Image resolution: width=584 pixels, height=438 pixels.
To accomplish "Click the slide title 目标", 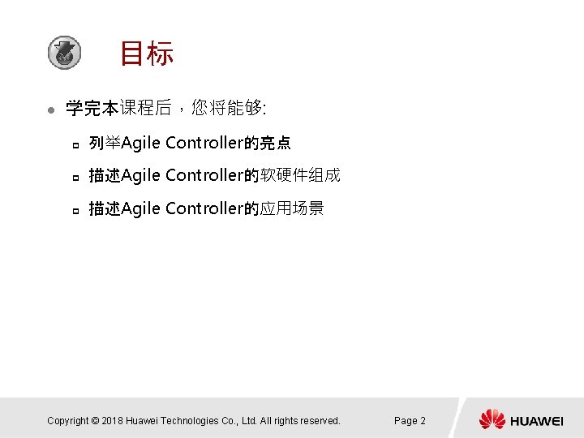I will coord(146,54).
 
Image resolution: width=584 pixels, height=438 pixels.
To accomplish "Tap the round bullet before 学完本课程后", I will coord(50,109).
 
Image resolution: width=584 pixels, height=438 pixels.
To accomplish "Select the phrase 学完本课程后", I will coord(118,108).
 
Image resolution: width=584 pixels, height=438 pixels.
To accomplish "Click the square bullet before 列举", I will coord(74,145).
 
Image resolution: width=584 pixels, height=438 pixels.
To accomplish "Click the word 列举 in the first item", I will coord(105,144).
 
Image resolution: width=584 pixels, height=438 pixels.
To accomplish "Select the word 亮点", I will coord(276,144).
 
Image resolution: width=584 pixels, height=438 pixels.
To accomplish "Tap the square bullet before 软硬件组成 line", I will coord(74,177).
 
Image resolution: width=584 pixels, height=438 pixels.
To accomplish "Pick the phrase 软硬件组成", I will coord(301,175).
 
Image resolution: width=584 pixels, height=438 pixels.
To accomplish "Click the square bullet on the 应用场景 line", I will coord(74,210).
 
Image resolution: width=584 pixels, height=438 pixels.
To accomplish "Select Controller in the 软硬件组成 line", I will coord(204,175).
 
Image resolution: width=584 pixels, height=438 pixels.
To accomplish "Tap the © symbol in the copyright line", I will coord(95,420).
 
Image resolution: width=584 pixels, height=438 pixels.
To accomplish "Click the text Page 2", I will coord(410,420).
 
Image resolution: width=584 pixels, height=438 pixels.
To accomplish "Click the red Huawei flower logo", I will coord(492,419).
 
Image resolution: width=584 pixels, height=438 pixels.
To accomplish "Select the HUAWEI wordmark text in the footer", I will coord(537,420).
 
